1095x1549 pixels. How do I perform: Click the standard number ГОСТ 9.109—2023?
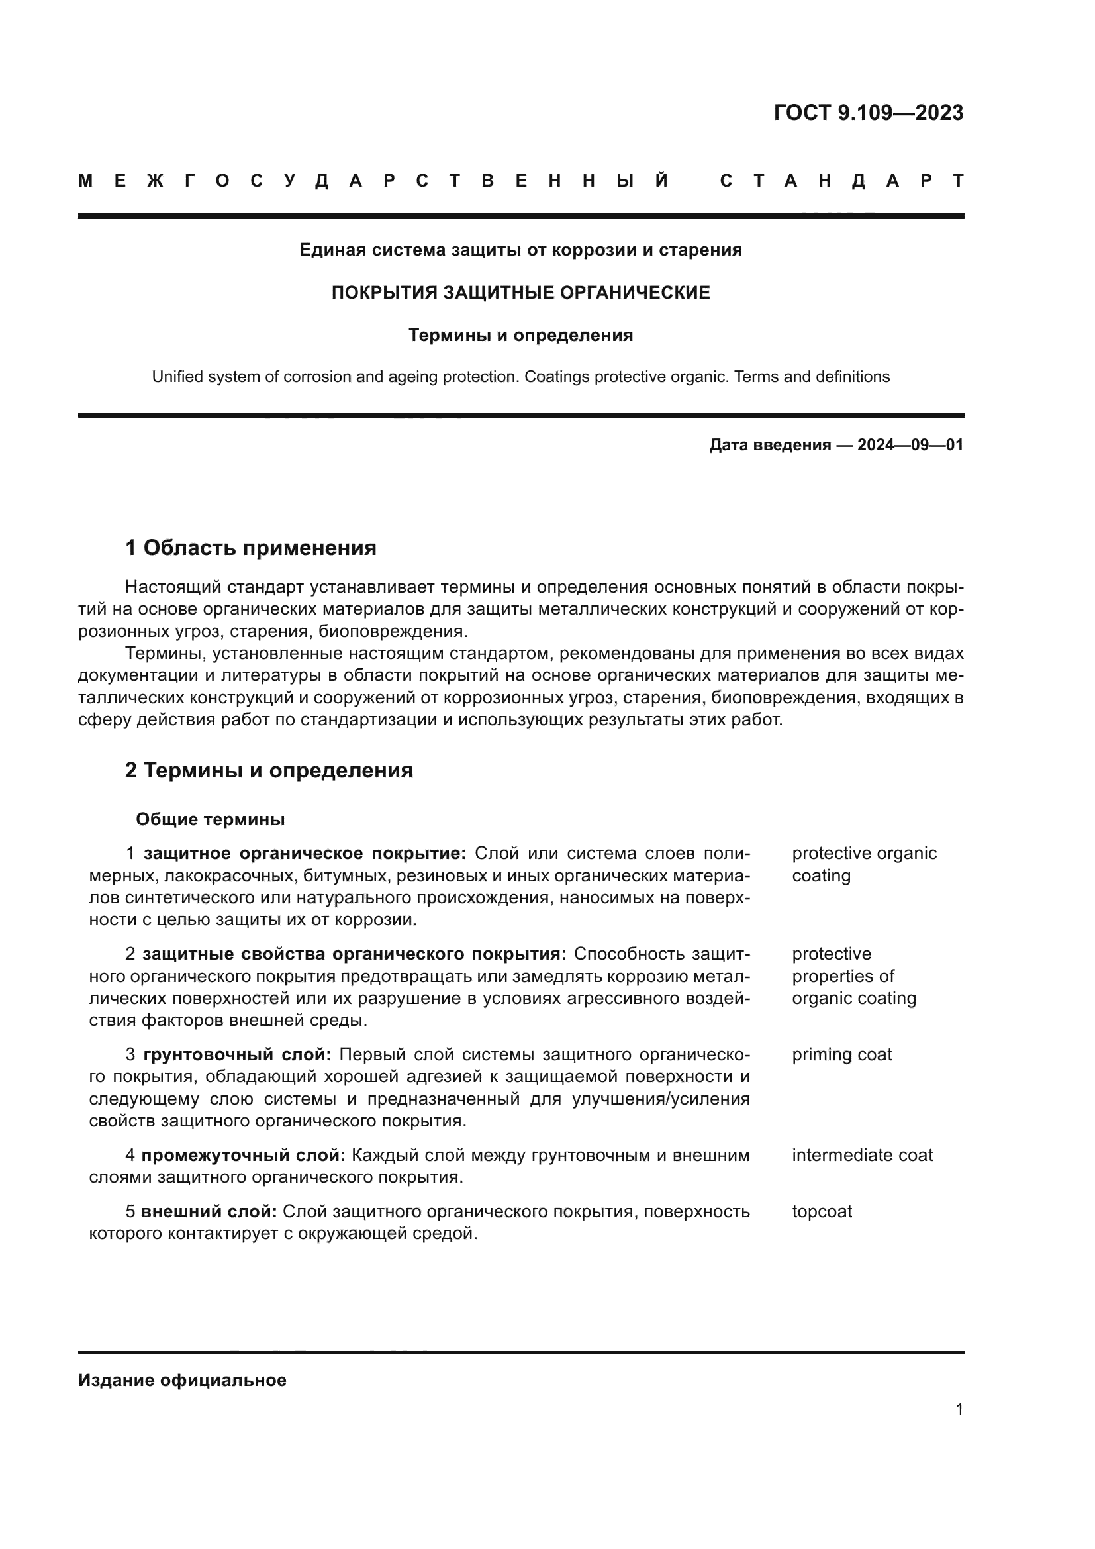pyautogui.click(x=869, y=113)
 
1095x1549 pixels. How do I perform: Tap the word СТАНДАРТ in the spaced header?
pyautogui.click(x=841, y=181)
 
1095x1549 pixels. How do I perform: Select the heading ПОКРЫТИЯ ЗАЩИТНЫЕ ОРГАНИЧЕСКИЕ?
pyautogui.click(x=520, y=293)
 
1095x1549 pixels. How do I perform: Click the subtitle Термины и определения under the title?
pyautogui.click(x=520, y=335)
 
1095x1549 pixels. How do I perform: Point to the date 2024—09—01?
pyautogui.click(x=910, y=445)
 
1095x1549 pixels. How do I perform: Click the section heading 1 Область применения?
pyautogui.click(x=251, y=548)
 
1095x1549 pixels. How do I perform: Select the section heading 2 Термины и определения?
pyautogui.click(x=269, y=770)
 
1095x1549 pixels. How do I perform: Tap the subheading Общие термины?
pyautogui.click(x=211, y=819)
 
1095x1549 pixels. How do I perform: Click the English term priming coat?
pyautogui.click(x=841, y=1054)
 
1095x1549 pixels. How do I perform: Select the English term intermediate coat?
pyautogui.click(x=862, y=1155)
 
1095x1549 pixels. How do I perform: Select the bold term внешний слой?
pyautogui.click(x=209, y=1211)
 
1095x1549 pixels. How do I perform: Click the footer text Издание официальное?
pyautogui.click(x=182, y=1380)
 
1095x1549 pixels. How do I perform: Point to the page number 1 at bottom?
pyautogui.click(x=959, y=1409)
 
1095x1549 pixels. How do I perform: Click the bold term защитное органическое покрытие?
pyautogui.click(x=305, y=854)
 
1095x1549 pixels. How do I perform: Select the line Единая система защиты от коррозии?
pyautogui.click(x=520, y=250)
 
